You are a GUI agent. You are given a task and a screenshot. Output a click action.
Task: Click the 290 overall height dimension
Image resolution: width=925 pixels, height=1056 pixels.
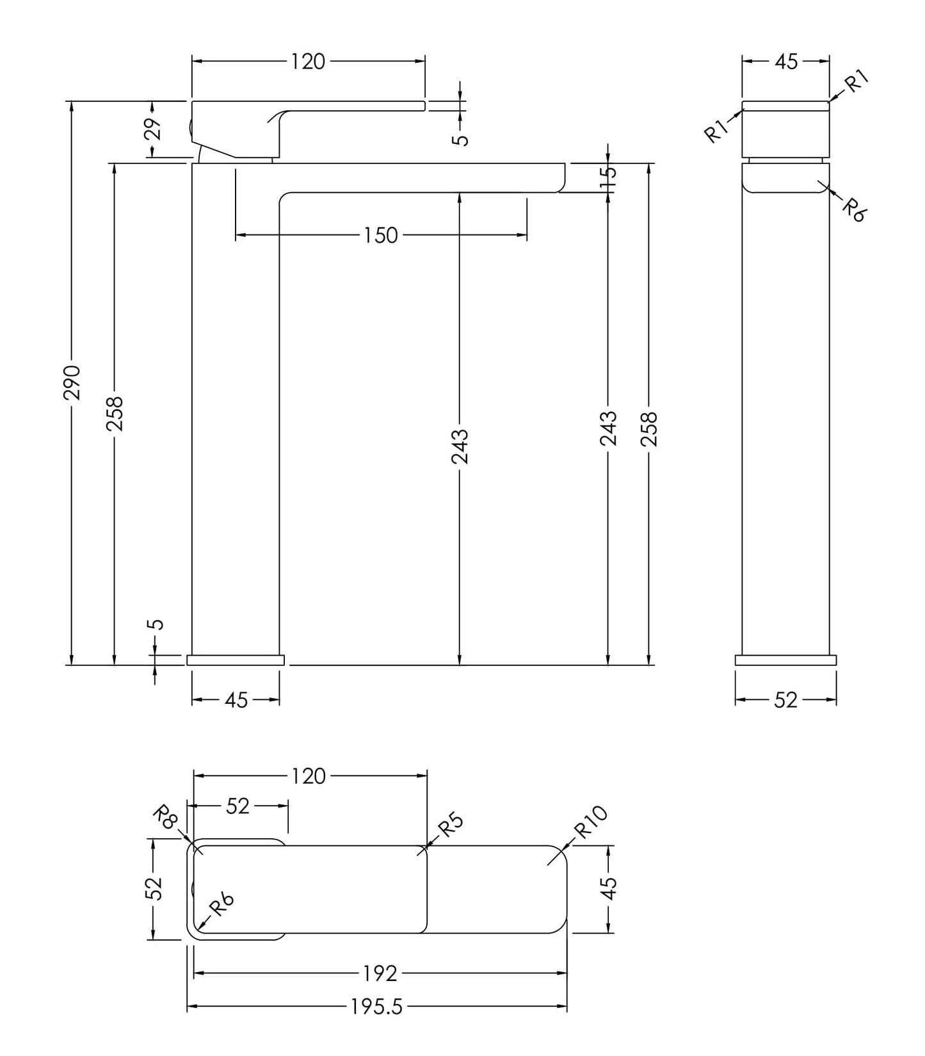click(72, 382)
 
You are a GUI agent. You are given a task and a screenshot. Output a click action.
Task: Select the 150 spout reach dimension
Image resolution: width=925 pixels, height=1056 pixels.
click(381, 236)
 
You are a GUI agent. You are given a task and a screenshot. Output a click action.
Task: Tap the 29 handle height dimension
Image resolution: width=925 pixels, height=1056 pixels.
click(152, 129)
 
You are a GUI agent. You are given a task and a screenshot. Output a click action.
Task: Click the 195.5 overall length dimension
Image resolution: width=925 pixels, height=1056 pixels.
click(376, 1007)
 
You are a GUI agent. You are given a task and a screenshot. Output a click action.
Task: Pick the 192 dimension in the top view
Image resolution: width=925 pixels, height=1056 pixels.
click(380, 973)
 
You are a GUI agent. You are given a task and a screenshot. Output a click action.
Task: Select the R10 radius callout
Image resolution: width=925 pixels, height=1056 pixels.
click(590, 822)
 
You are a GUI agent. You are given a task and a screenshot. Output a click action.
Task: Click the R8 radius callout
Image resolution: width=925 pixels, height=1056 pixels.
click(165, 818)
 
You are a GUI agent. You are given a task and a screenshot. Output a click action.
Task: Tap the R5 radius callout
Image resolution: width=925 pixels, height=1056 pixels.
click(449, 825)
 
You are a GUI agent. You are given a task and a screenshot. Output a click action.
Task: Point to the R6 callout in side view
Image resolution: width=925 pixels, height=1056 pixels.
click(853, 209)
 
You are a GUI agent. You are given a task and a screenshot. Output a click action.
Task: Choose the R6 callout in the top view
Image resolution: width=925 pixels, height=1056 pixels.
click(221, 905)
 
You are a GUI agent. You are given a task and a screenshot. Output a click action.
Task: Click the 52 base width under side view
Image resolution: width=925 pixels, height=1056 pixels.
click(785, 701)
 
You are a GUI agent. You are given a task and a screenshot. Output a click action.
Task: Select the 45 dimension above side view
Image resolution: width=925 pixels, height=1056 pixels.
click(786, 61)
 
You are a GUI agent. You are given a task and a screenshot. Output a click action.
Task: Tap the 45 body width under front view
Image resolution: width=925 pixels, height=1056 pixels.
click(236, 701)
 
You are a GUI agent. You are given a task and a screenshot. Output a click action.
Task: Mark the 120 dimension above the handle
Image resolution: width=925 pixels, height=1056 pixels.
click(308, 61)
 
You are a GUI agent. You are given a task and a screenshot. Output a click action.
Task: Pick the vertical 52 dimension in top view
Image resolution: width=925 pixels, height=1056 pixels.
click(154, 888)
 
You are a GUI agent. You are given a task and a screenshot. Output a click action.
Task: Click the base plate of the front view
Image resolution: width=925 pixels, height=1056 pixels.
click(235, 660)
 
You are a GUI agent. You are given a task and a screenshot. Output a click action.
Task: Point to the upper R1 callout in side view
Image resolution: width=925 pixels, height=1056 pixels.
click(856, 82)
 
